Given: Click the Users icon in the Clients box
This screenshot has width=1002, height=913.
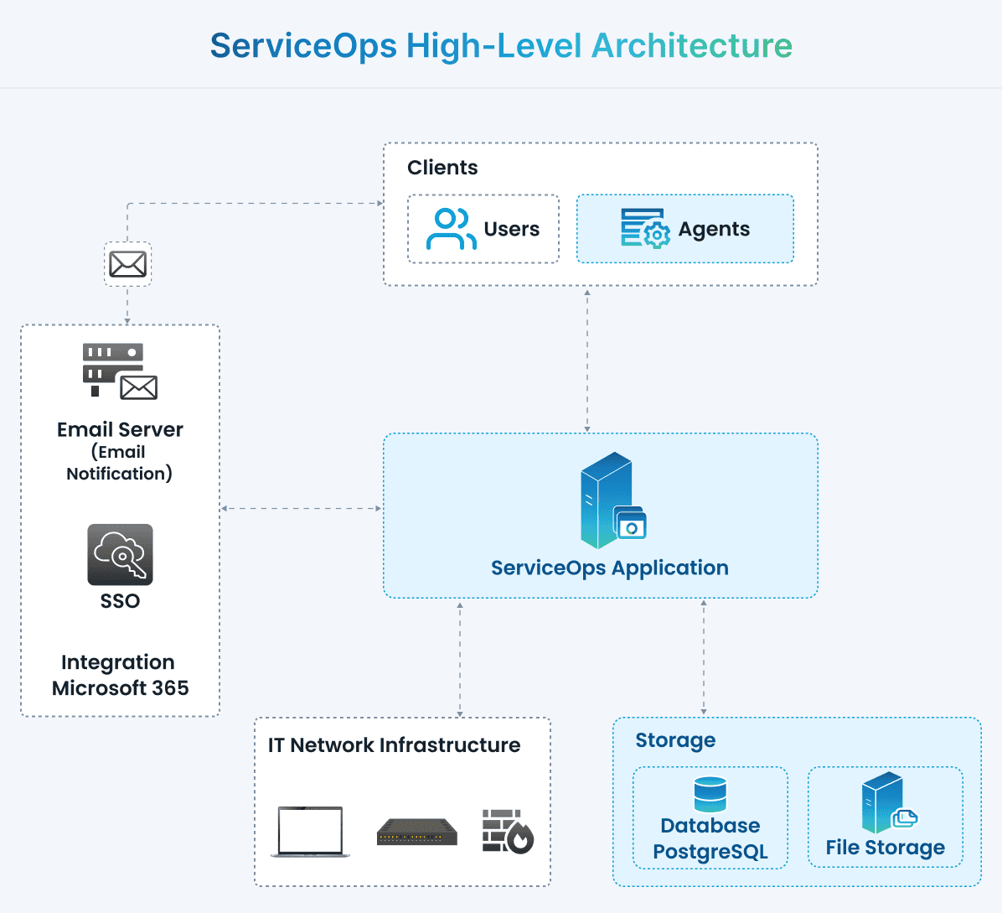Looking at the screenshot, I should point(451,229).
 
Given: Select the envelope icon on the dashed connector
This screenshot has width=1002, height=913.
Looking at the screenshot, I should point(127,264).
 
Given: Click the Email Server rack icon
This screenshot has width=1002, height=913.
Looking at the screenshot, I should point(119,370).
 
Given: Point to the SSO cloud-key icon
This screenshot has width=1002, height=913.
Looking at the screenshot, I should point(120,554).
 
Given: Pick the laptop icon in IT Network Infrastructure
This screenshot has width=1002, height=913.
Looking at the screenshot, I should point(310,832).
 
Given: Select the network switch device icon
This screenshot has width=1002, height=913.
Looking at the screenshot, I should point(417,832).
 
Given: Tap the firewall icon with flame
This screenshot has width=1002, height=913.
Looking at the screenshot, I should point(508,831).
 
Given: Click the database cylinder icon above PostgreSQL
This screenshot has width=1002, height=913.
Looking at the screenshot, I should point(710,794).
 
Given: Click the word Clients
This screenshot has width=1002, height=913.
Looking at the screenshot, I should point(442,168).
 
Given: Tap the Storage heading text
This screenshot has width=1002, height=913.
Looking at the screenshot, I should point(675,740).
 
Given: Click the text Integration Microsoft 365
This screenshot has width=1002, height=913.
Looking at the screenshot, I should point(120,675).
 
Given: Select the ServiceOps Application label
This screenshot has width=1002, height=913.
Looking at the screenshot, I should point(609,568).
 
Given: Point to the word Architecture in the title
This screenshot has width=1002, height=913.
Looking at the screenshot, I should point(691,45).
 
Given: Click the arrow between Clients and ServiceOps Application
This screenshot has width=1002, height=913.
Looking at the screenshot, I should point(587,361).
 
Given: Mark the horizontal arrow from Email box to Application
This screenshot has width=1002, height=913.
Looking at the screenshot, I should point(302,508).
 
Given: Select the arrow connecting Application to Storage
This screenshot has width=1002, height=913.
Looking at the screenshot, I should point(703,657).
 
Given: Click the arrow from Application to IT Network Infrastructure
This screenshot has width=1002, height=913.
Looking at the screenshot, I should point(460,659).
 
